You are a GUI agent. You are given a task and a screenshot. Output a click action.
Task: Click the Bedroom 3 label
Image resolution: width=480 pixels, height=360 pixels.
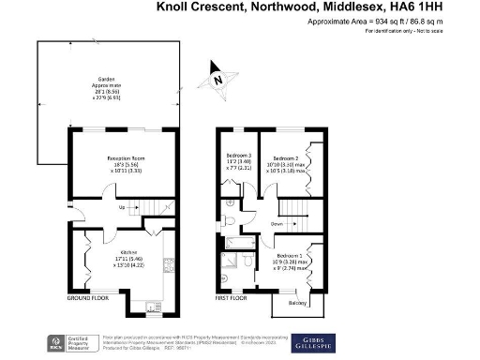pos(239,155)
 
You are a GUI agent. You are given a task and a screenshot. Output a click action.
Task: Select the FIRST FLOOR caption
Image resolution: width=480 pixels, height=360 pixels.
pos(233,297)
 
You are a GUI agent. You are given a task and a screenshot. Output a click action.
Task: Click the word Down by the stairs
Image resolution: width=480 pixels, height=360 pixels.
pos(277,224)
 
